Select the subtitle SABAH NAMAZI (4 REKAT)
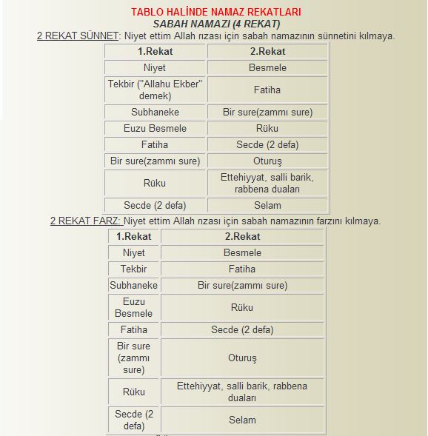point(215,24)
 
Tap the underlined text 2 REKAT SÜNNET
point(78,36)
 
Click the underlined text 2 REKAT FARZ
point(85,221)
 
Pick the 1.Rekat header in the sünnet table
point(155,52)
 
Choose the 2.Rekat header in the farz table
point(242,237)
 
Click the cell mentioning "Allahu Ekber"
point(155,90)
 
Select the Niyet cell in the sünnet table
point(155,68)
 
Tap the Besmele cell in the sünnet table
point(267,68)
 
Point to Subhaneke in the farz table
point(134,285)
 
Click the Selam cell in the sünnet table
point(267,205)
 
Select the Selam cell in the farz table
point(242,420)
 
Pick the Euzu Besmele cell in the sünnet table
point(155,129)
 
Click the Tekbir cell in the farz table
point(134,269)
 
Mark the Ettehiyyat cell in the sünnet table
point(267,183)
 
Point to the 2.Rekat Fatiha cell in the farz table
point(242,269)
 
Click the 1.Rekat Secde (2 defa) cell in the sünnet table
point(155,205)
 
